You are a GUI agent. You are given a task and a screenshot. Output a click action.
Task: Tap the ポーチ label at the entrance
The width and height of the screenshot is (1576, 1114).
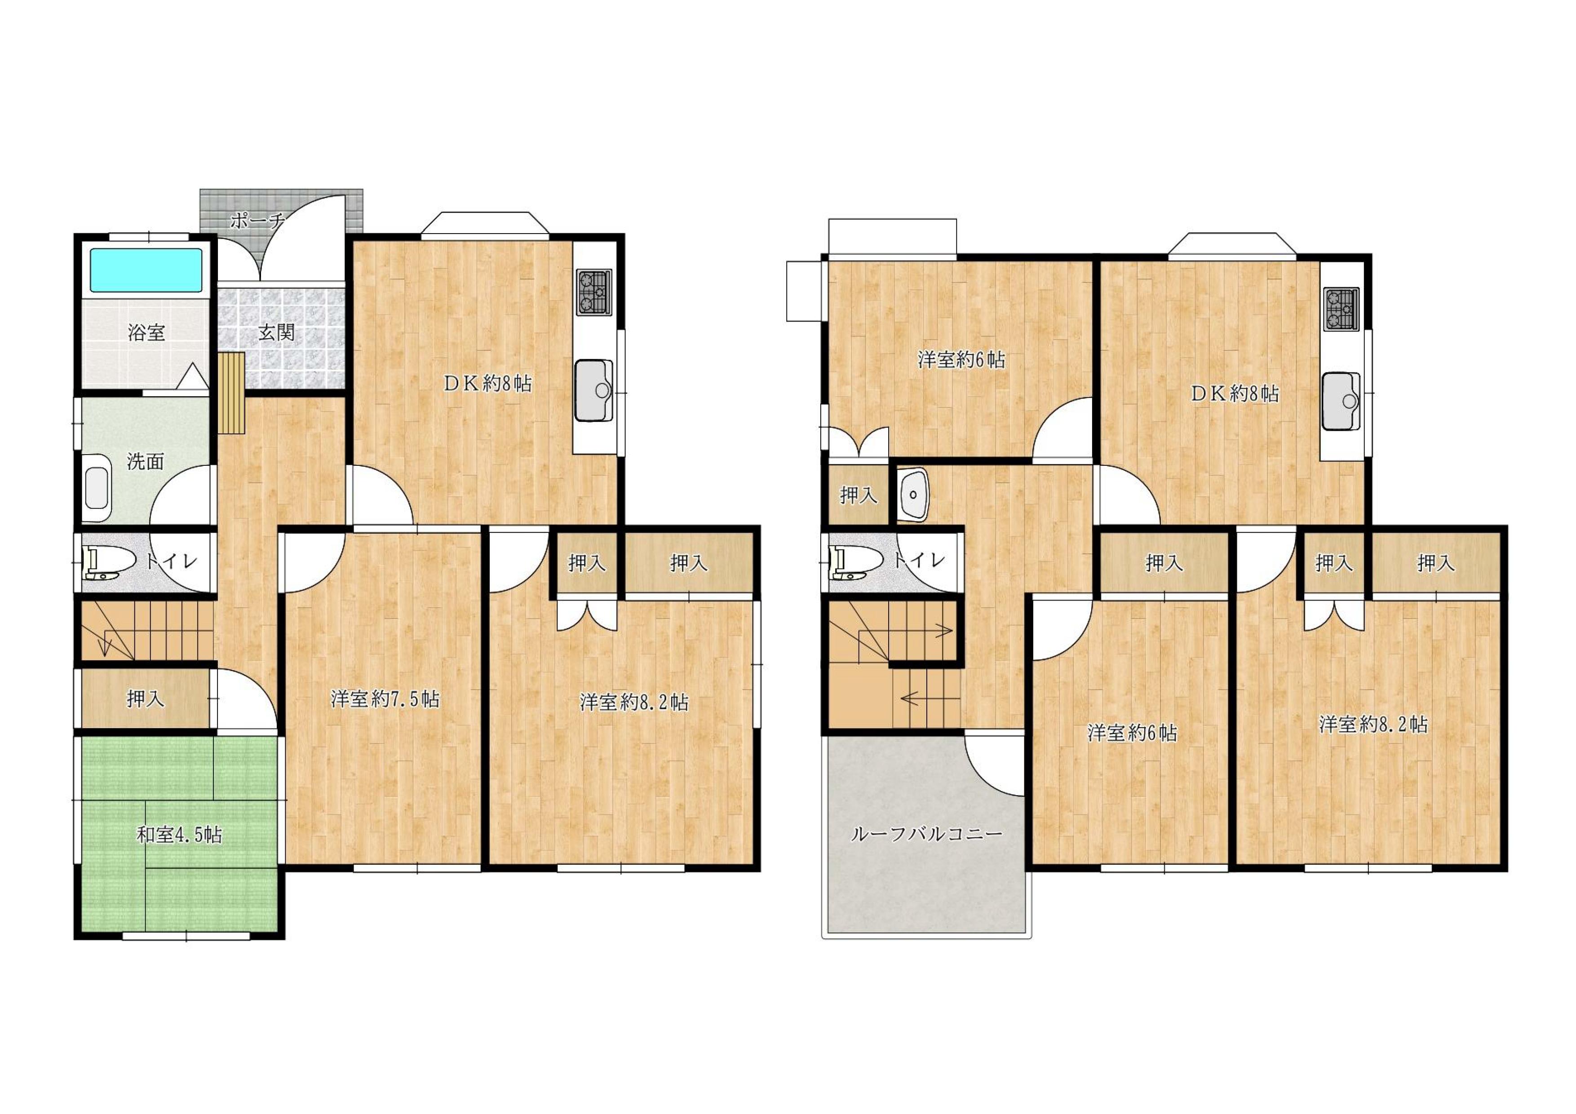[257, 221]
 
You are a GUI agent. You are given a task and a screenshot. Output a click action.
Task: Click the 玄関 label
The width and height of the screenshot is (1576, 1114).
[277, 333]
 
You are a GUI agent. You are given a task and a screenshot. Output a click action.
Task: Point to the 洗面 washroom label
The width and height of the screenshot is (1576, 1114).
[146, 462]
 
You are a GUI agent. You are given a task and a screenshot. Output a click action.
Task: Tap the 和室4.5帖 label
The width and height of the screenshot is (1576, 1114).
[179, 835]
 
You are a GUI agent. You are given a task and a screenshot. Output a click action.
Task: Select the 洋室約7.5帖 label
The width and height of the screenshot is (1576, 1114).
[385, 699]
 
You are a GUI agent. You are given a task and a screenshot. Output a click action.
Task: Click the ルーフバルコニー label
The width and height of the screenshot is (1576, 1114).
[927, 835]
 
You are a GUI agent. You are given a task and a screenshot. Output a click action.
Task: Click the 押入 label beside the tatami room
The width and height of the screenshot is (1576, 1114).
[146, 699]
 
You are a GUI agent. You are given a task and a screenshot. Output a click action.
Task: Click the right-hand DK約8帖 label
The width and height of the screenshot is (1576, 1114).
[1234, 393]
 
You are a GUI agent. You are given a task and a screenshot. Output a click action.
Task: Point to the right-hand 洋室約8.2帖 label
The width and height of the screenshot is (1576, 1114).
[1373, 724]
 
